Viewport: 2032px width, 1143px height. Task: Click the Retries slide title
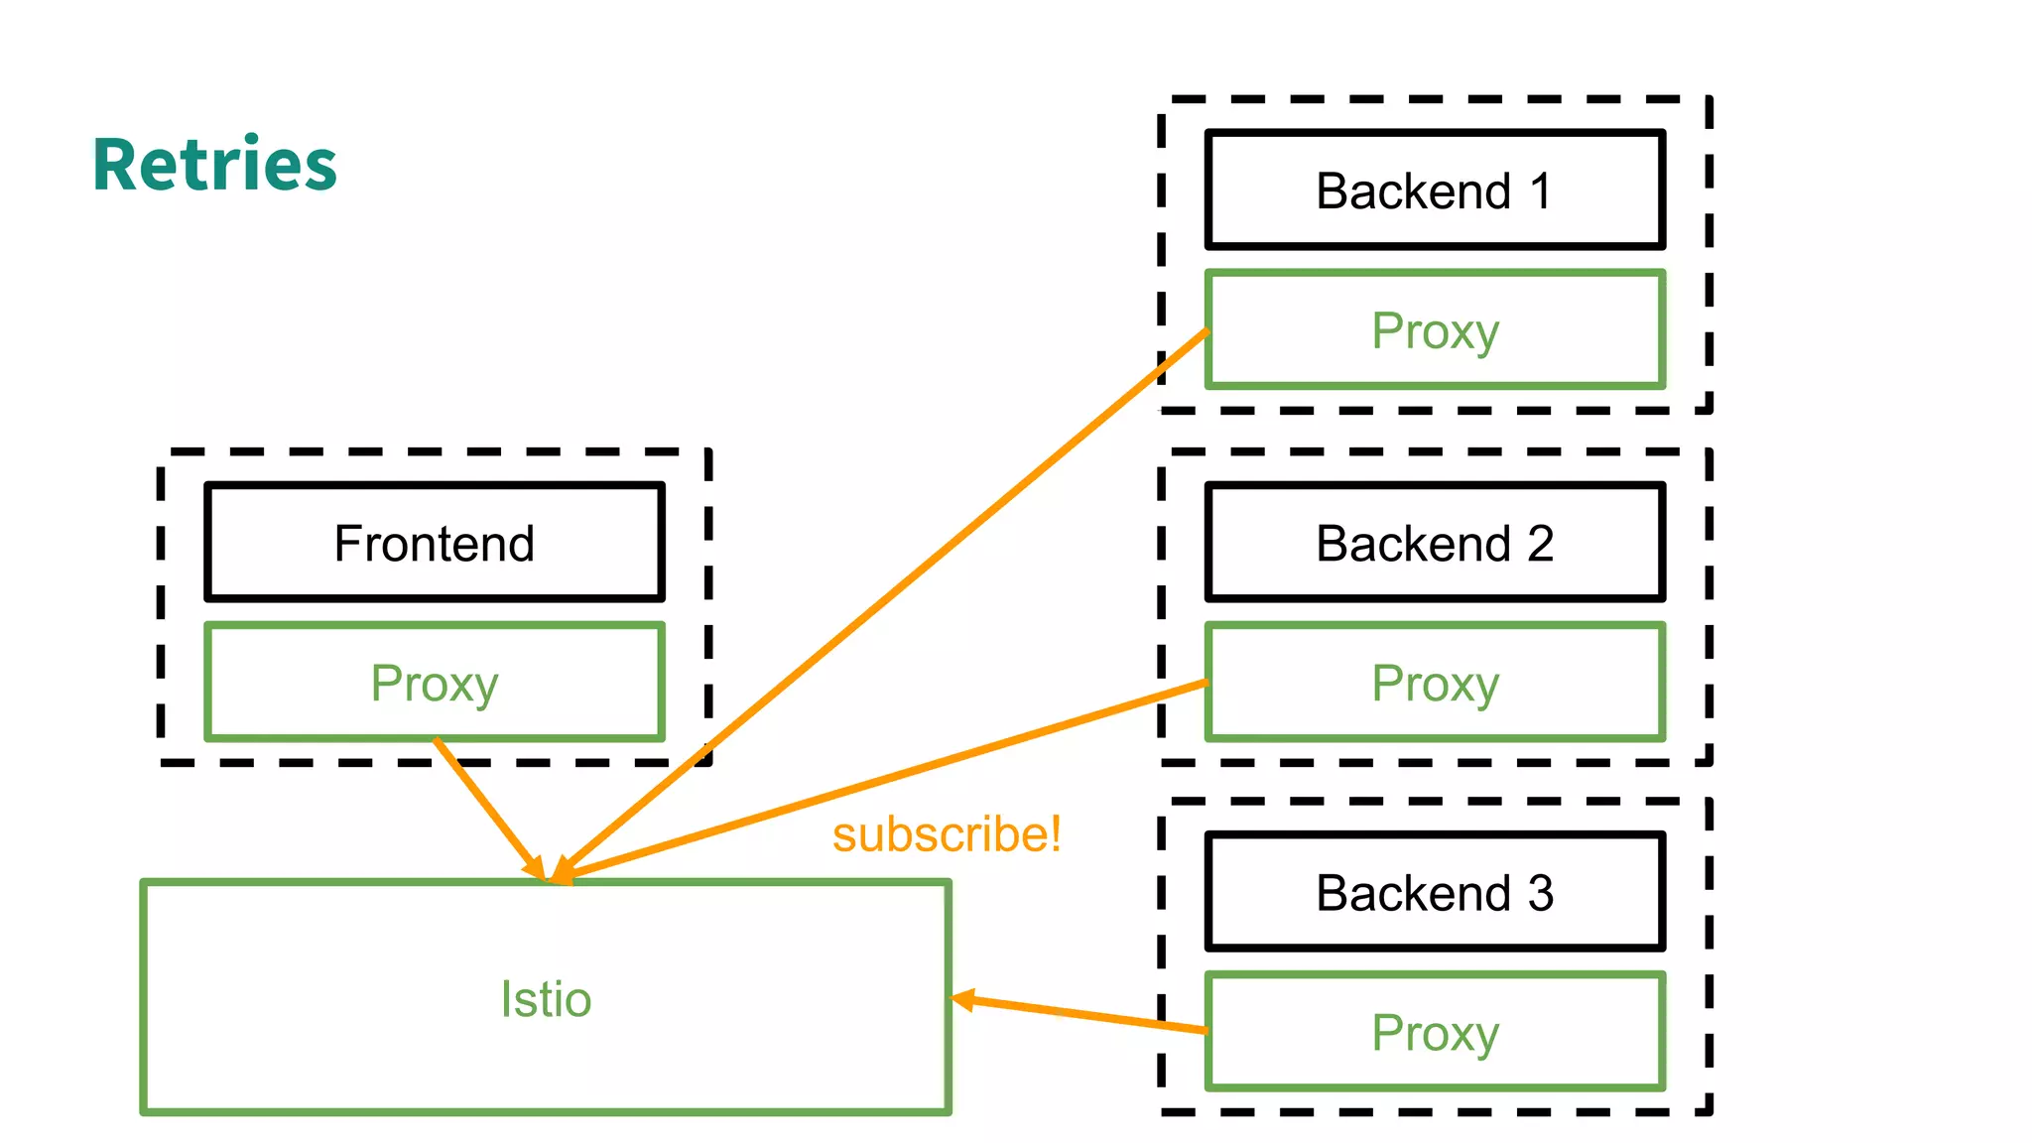(x=214, y=165)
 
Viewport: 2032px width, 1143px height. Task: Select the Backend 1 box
(x=1434, y=190)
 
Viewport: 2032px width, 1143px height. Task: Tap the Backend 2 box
(x=1434, y=543)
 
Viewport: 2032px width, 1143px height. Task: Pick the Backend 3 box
(x=1434, y=892)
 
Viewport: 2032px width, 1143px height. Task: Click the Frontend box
(x=434, y=543)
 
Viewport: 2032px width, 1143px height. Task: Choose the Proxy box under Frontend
(x=434, y=683)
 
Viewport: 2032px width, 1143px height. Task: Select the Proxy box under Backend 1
(x=1434, y=330)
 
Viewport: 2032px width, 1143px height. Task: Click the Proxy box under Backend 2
(x=1434, y=683)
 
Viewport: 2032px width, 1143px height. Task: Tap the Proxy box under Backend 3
(x=1434, y=1032)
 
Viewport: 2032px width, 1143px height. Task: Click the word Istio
(x=546, y=998)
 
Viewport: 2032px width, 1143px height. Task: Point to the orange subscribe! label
(x=946, y=833)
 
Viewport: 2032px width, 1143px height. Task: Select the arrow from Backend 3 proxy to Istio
(x=1081, y=1015)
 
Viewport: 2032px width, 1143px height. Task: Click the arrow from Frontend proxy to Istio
(x=486, y=806)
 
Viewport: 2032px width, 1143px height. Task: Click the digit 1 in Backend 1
(x=1540, y=190)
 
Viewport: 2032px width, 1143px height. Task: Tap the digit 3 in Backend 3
(x=1540, y=892)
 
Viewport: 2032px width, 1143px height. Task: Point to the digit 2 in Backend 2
(x=1540, y=543)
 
